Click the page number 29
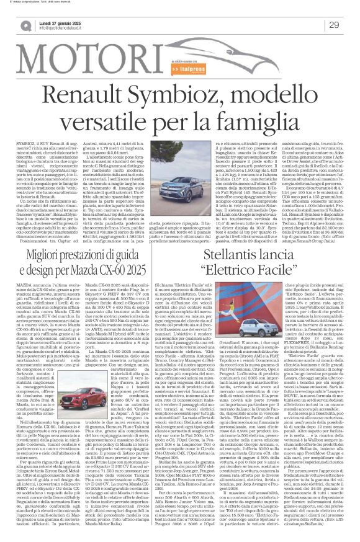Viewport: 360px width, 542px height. pos(333,24)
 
